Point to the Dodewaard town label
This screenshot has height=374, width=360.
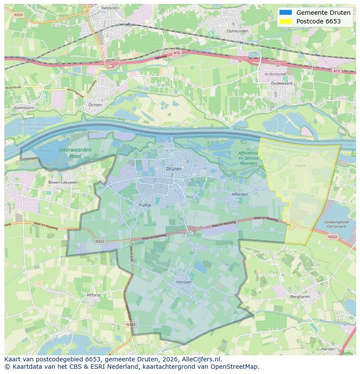click(x=281, y=83)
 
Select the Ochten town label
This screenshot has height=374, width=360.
click(x=95, y=105)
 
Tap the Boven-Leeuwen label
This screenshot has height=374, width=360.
click(x=63, y=182)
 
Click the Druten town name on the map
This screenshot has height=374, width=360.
click(x=174, y=169)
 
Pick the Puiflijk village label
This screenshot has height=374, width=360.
click(x=145, y=205)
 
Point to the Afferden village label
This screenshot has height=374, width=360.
click(x=240, y=194)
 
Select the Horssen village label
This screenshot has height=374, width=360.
click(x=184, y=282)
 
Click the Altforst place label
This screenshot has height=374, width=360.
click(x=93, y=295)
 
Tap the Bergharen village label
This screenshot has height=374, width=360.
click(x=300, y=297)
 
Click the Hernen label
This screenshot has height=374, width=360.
click(x=328, y=349)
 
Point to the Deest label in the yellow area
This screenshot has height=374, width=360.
click(x=300, y=165)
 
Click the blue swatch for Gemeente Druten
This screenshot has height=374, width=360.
click(x=286, y=13)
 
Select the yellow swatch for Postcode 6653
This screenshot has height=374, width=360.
click(x=286, y=21)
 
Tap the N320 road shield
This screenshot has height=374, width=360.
click(x=18, y=15)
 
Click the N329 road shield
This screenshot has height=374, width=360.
click(x=130, y=324)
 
